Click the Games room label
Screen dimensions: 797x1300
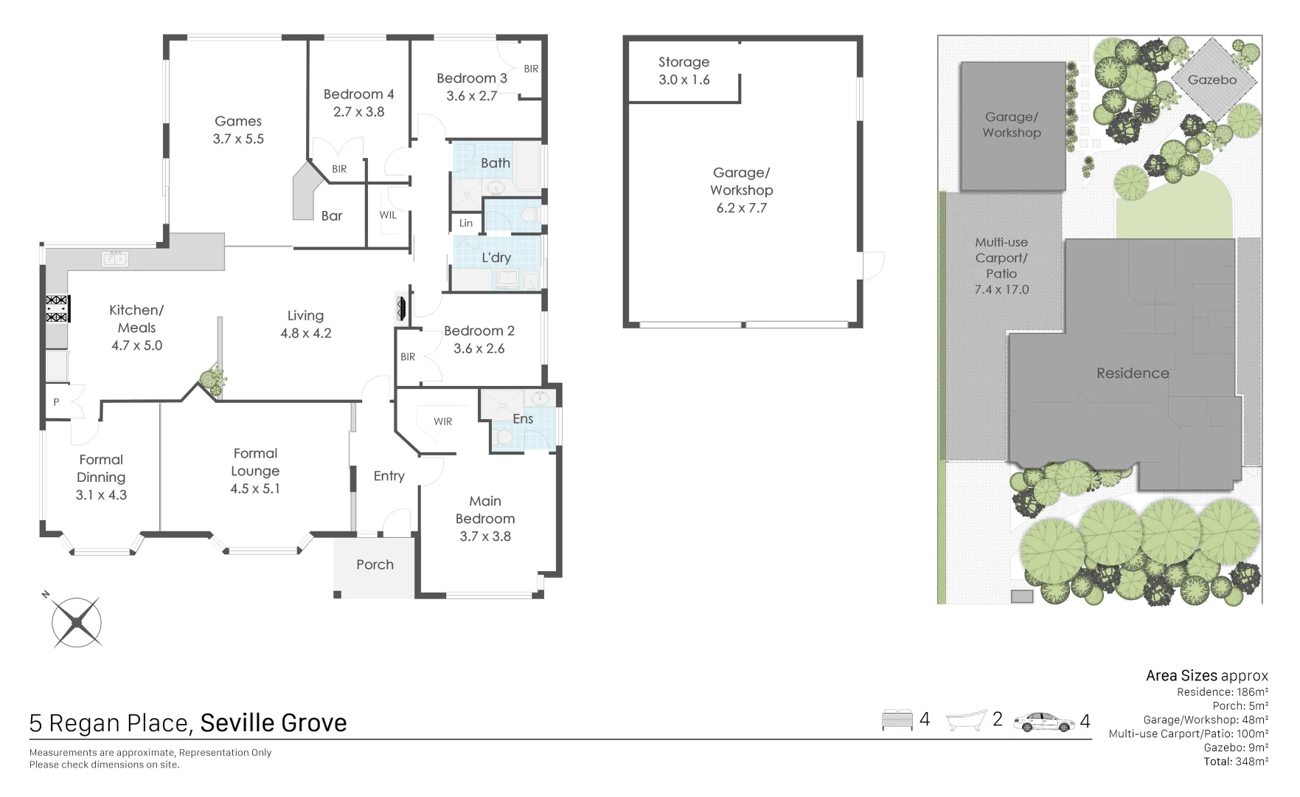click(x=237, y=121)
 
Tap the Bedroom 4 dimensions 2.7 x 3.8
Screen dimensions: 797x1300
click(x=358, y=112)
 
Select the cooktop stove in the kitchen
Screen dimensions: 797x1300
click(x=58, y=308)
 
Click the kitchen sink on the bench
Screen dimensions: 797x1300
click(x=114, y=258)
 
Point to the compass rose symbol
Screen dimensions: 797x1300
click(x=77, y=623)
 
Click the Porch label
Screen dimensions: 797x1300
click(x=375, y=565)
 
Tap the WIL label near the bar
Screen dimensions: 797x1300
click(x=388, y=215)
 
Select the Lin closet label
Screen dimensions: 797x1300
click(x=465, y=223)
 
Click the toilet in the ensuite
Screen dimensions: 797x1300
click(x=505, y=438)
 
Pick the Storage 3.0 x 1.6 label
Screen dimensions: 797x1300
click(x=684, y=71)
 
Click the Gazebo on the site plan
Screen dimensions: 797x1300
click(x=1212, y=80)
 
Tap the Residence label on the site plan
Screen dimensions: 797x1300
click(x=1132, y=373)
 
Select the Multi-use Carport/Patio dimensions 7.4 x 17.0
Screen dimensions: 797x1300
click(x=1001, y=289)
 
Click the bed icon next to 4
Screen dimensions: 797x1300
click(x=897, y=720)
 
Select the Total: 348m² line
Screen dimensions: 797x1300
click(x=1235, y=762)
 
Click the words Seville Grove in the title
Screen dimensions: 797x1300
click(x=273, y=723)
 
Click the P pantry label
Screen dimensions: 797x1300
click(x=56, y=402)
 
